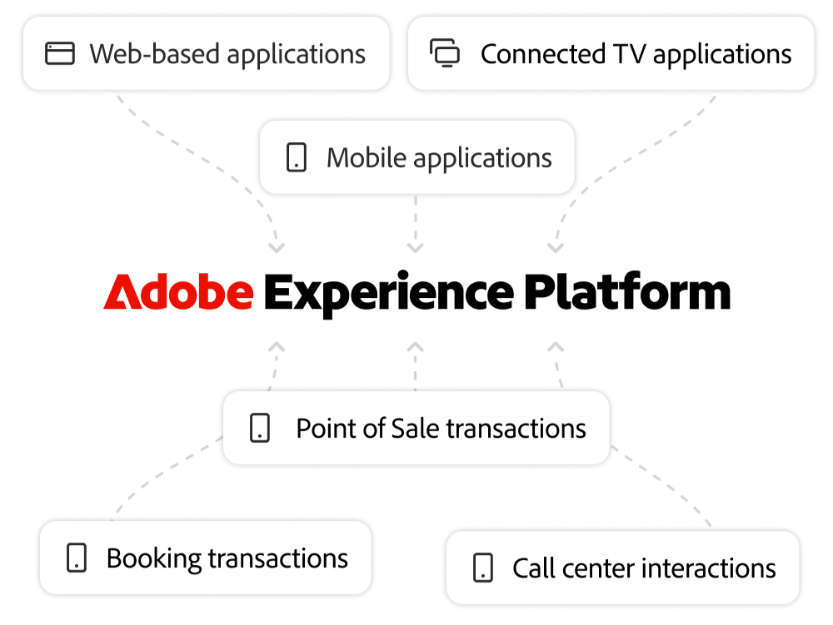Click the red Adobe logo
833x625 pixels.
click(x=178, y=293)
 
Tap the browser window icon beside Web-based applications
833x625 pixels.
click(x=60, y=54)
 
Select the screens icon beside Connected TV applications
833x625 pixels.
click(x=445, y=54)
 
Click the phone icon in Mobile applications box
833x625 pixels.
click(x=297, y=157)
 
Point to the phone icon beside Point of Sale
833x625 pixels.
click(x=260, y=429)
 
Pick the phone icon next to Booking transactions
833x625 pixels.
click(x=77, y=558)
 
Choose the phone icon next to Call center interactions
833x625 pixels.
click(x=482, y=568)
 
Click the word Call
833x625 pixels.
click(x=532, y=568)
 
